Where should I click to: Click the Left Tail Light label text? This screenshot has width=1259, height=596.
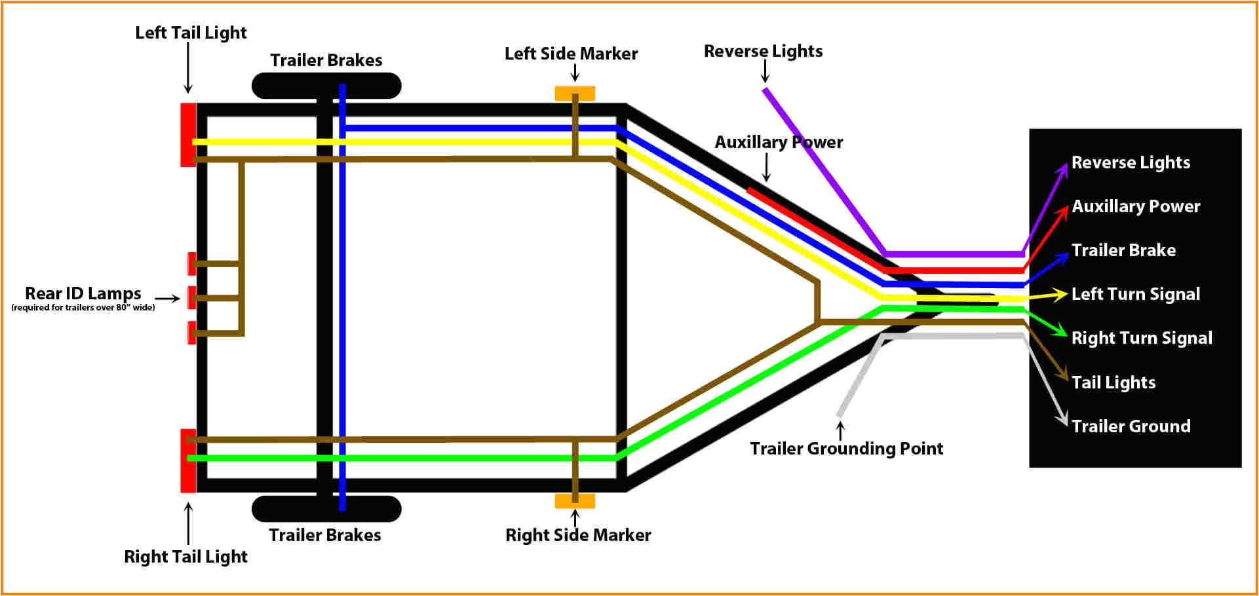click(x=191, y=33)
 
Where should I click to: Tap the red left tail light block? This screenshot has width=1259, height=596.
click(x=188, y=134)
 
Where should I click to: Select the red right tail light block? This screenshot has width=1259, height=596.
click(x=188, y=460)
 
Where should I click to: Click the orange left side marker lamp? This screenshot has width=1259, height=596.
click(x=575, y=93)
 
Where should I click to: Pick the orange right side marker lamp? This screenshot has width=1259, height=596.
click(x=575, y=501)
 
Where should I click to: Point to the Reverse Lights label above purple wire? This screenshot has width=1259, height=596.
click(x=763, y=51)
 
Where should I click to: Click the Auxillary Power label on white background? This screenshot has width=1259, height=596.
click(x=779, y=142)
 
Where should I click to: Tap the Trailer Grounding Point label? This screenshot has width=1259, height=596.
click(x=846, y=449)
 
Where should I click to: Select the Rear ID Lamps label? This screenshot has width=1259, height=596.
click(x=83, y=293)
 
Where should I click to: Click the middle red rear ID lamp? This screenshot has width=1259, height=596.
click(x=191, y=297)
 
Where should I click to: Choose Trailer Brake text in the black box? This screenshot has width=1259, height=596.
click(x=1123, y=250)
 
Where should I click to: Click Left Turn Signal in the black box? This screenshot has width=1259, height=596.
click(x=1135, y=294)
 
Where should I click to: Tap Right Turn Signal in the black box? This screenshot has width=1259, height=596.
click(x=1142, y=338)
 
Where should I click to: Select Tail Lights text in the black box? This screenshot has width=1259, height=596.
click(x=1113, y=382)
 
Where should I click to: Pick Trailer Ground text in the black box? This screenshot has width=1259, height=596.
click(x=1131, y=426)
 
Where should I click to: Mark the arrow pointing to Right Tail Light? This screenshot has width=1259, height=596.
click(x=188, y=523)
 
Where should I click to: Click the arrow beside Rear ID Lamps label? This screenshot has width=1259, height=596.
click(x=168, y=299)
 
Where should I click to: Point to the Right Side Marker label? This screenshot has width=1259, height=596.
click(x=578, y=535)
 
